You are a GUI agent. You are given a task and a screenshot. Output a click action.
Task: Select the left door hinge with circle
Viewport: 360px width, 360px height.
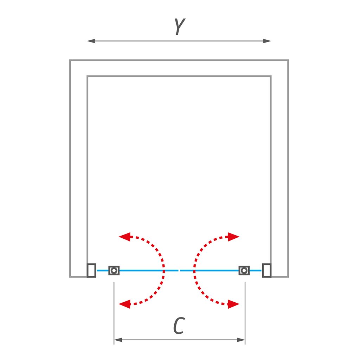click(114, 270)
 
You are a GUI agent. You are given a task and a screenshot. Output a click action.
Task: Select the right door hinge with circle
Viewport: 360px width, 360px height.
click(244, 270)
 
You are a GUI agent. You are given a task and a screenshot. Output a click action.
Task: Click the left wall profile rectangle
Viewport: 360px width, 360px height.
click(91, 270)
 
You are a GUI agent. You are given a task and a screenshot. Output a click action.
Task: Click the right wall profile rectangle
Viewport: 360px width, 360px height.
click(266, 270)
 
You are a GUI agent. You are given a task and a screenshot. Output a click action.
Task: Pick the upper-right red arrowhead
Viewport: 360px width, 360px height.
click(233, 237)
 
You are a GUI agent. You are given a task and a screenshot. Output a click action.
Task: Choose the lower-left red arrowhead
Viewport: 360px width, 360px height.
click(124, 304)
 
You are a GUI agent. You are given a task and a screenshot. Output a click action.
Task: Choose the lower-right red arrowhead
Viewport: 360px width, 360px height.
click(233, 304)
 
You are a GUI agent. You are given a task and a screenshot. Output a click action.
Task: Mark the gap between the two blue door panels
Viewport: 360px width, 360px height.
click(179, 270)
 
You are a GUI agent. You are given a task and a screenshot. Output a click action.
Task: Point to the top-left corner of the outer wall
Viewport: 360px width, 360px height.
click(70, 60)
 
